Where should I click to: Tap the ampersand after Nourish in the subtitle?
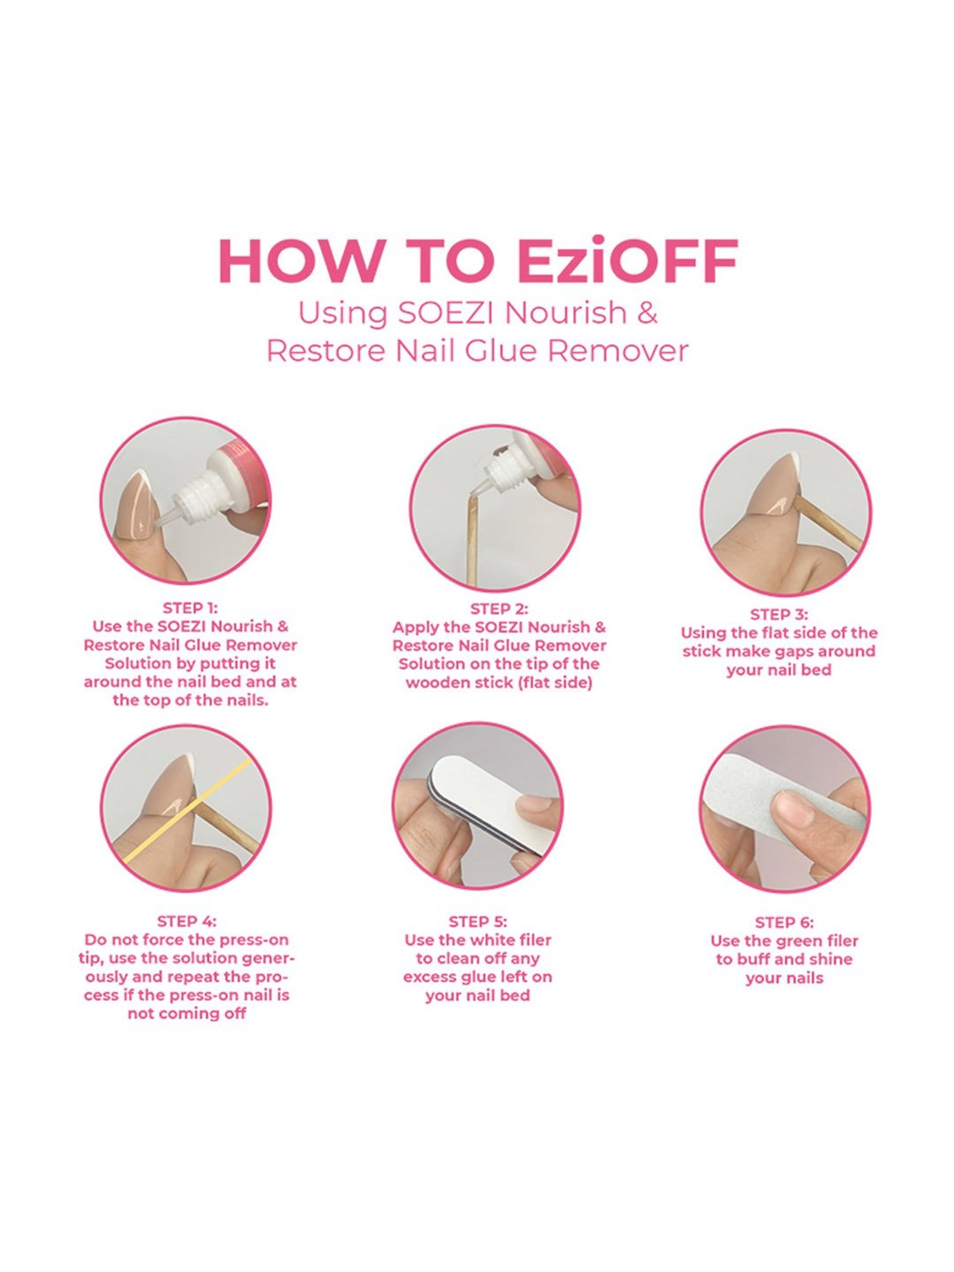[x=647, y=313]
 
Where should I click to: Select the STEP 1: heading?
[x=190, y=607]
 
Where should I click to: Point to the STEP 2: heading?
[x=499, y=609]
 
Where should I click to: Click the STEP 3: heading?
[x=778, y=614]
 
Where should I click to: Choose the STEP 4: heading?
[x=186, y=921]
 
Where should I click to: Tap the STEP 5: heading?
[x=478, y=922]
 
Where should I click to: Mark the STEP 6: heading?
[x=784, y=922]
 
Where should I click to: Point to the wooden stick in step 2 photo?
[x=472, y=541]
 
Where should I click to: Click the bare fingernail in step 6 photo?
[x=792, y=808]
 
